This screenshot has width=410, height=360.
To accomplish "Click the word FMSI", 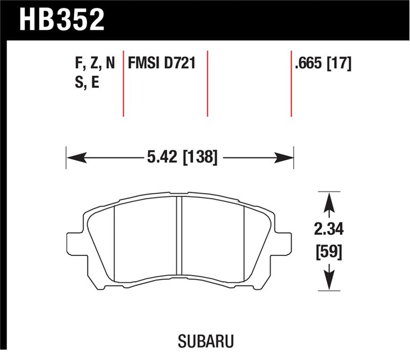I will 144,64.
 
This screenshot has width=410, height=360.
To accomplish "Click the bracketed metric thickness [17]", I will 339,64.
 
